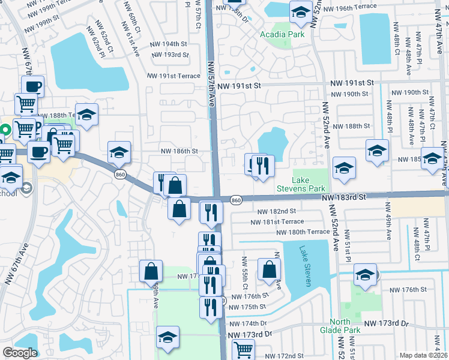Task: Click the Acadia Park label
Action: (x=282, y=34)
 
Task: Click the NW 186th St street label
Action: (x=178, y=151)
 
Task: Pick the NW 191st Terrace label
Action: (x=174, y=76)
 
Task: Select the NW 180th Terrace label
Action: (x=303, y=232)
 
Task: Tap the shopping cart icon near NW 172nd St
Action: (x=243, y=349)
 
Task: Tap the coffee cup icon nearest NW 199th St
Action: (x=32, y=86)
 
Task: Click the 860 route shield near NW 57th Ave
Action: (x=236, y=199)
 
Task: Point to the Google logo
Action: (x=20, y=353)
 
